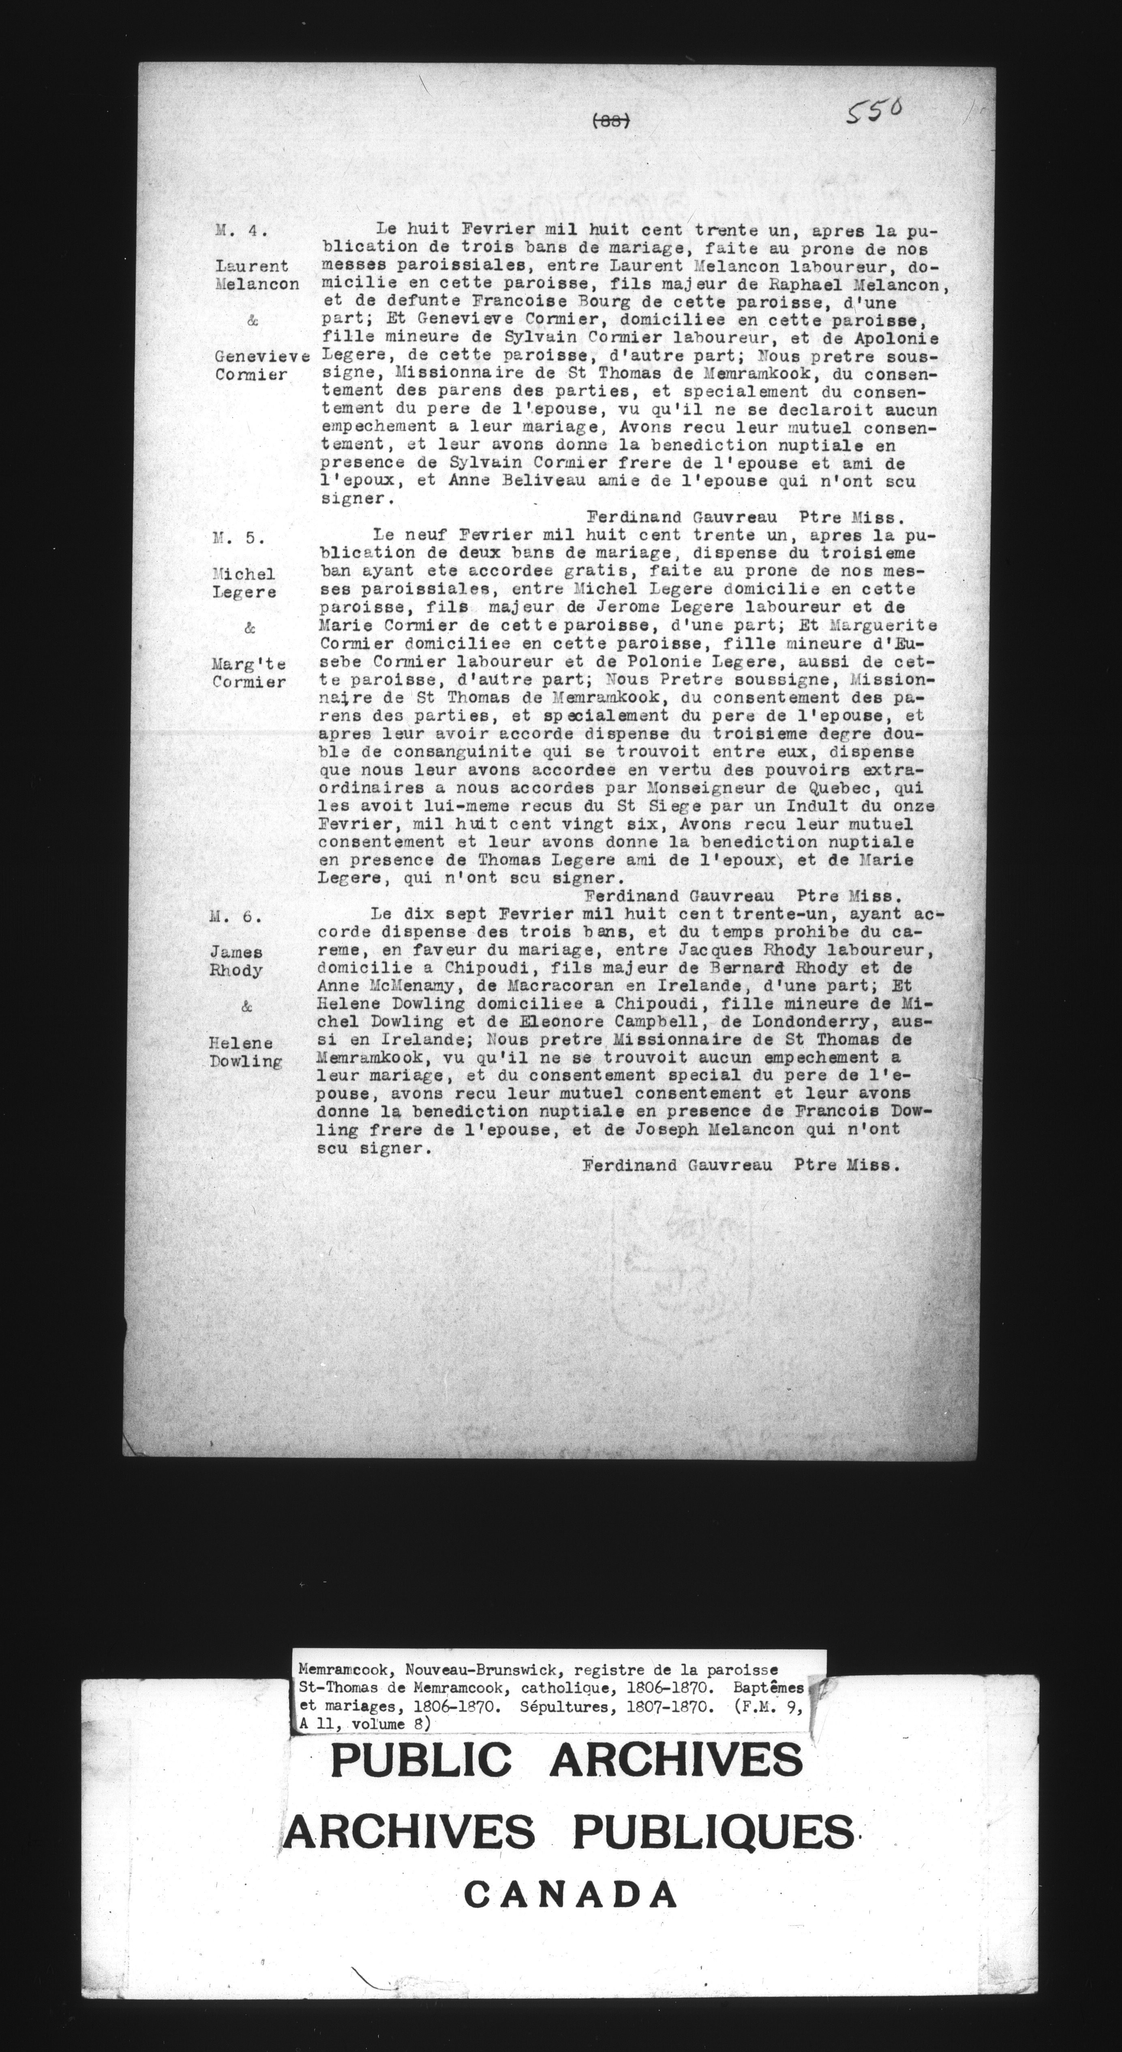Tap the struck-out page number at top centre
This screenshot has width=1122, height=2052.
[612, 120]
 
